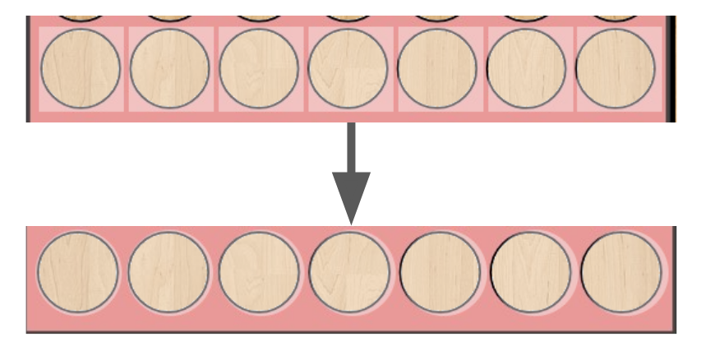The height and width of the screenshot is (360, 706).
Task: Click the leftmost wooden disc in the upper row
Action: point(81,69)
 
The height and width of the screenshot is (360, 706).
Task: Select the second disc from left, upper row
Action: point(170,69)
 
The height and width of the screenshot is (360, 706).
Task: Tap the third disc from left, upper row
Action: point(259,69)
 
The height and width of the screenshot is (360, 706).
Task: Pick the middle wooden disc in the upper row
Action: point(348,69)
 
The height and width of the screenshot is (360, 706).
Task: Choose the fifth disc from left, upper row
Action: point(436,69)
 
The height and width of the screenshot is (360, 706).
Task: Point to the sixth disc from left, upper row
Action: point(526,69)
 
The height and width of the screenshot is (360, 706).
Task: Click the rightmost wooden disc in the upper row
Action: point(616,69)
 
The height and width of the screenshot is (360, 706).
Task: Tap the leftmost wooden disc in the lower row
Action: point(79,272)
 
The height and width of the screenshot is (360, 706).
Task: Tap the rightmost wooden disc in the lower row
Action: point(621,272)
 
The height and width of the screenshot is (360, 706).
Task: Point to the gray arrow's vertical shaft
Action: point(351,148)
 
